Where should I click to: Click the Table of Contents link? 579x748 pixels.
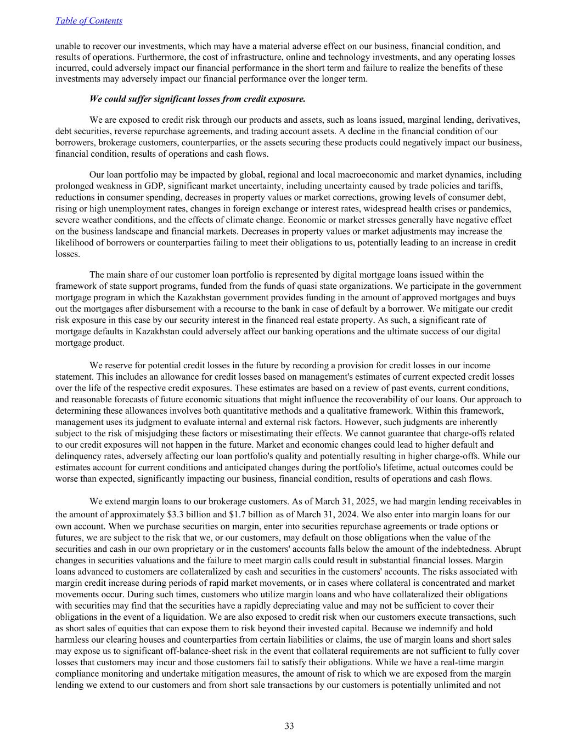(x=89, y=21)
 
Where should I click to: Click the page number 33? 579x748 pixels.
(x=289, y=726)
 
